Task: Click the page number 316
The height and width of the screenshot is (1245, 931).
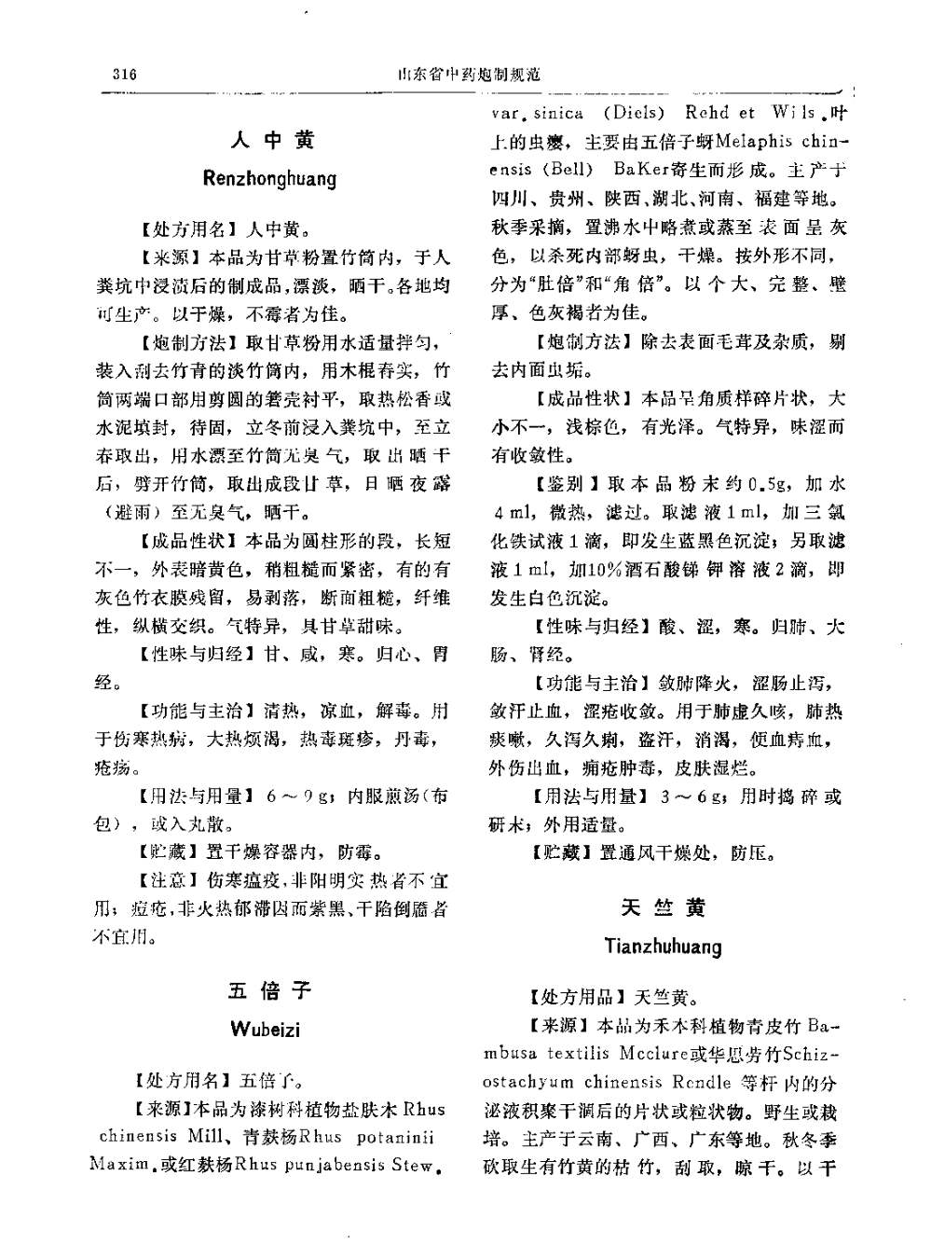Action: [x=123, y=74]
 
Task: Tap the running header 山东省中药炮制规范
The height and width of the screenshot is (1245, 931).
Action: [x=469, y=74]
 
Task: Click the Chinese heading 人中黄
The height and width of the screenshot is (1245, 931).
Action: [x=273, y=141]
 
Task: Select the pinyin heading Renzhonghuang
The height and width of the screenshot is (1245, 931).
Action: [x=269, y=178]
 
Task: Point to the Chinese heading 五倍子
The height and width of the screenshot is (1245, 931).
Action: [x=269, y=989]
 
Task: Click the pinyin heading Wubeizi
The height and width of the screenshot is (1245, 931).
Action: [x=266, y=1031]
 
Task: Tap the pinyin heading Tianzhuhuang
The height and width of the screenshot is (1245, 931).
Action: [x=663, y=948]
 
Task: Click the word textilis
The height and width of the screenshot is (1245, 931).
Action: [x=572, y=1054]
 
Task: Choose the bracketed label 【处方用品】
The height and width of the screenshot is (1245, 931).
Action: [x=574, y=997]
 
